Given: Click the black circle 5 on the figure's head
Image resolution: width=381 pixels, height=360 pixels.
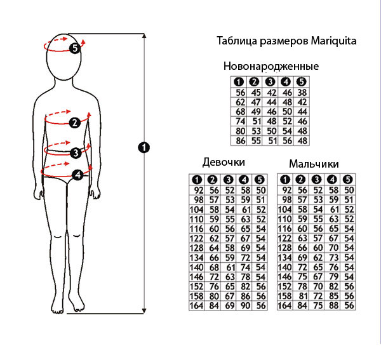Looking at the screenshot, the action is [75, 48].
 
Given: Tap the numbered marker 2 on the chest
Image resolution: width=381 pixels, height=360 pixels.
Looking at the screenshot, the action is [75, 123].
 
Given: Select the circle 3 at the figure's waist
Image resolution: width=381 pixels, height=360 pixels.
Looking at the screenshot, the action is [76, 153].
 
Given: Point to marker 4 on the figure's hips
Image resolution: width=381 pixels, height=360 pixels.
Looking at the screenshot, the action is [77, 175].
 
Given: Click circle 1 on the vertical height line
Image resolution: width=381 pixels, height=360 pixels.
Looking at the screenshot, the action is [144, 147].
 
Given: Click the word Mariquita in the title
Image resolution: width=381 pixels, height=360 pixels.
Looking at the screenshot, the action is [333, 41].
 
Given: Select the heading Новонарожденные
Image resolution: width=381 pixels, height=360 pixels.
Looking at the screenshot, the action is [271, 66].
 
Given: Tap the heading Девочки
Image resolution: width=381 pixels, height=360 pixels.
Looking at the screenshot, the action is [224, 163].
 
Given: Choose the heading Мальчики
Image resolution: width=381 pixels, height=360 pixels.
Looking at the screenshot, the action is [314, 164].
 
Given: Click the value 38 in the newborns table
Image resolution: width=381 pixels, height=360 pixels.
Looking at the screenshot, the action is [302, 93].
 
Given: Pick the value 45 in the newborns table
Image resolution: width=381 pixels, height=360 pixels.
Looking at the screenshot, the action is [256, 93].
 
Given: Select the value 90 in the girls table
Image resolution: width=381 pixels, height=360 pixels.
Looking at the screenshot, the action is [245, 305].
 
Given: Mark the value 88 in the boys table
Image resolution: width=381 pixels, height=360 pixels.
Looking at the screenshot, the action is [333, 305].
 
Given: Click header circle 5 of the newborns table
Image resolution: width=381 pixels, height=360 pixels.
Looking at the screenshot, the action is [301, 82].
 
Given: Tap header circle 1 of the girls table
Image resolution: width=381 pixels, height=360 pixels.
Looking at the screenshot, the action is [197, 180].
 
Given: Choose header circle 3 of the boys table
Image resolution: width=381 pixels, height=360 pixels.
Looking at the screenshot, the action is [316, 180].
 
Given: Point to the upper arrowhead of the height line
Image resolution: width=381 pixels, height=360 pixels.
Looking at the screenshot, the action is [144, 36].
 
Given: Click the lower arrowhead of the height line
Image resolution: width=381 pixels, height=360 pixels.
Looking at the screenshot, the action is [144, 311].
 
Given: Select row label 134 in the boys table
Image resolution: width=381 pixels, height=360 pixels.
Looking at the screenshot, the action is [284, 258].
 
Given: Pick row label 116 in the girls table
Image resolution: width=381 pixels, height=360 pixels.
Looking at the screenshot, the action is [196, 229].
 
